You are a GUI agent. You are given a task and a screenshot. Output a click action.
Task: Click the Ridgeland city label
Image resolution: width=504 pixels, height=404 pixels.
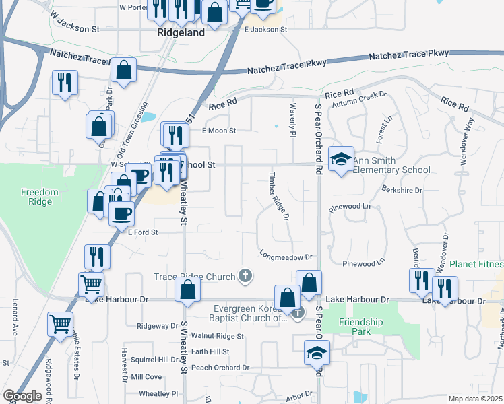coord(180,32)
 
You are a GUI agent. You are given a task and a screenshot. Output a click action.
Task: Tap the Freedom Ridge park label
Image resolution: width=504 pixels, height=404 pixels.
coord(40,197)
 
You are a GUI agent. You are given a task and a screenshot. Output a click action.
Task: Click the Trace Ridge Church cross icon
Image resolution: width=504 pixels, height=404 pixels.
coord(246,275)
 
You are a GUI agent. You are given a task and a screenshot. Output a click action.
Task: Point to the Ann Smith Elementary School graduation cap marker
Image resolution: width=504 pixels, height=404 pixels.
coord(341,160)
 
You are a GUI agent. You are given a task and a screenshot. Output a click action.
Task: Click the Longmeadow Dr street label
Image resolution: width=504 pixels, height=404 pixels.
coord(286,257)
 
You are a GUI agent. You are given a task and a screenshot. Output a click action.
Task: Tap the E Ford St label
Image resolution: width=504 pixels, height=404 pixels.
coord(142,232)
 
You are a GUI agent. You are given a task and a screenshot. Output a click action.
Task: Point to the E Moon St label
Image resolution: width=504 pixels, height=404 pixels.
coord(219,131)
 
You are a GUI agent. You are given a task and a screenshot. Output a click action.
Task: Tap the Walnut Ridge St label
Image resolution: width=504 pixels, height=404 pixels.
coord(217,335)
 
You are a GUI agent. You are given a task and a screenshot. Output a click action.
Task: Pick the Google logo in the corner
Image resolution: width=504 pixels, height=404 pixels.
coord(22,396)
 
